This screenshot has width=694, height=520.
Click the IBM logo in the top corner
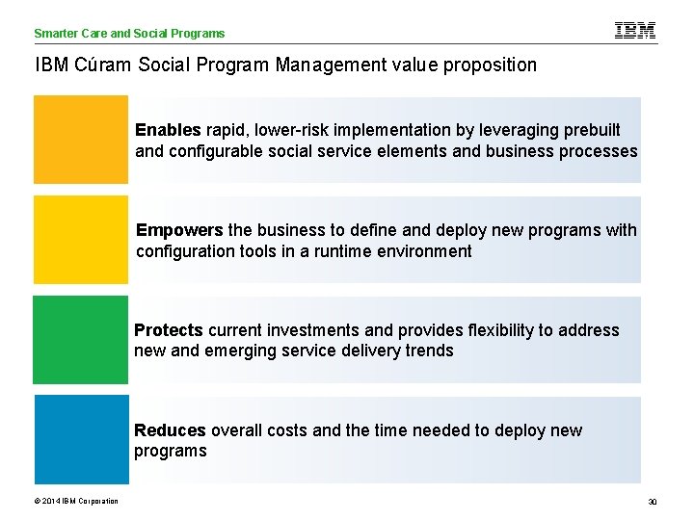(635, 31)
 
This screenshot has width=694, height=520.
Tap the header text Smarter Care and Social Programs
(129, 34)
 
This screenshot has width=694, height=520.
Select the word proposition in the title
(489, 65)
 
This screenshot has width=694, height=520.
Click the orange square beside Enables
(81, 139)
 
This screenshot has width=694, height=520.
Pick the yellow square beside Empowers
(81, 240)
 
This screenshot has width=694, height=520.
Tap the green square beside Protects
(81, 340)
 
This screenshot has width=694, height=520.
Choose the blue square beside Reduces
(81, 439)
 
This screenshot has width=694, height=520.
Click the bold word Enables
(168, 130)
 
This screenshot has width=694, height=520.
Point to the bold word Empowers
(180, 230)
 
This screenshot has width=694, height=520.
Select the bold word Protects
(169, 330)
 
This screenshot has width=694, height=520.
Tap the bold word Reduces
(170, 430)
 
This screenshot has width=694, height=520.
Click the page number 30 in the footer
(652, 501)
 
